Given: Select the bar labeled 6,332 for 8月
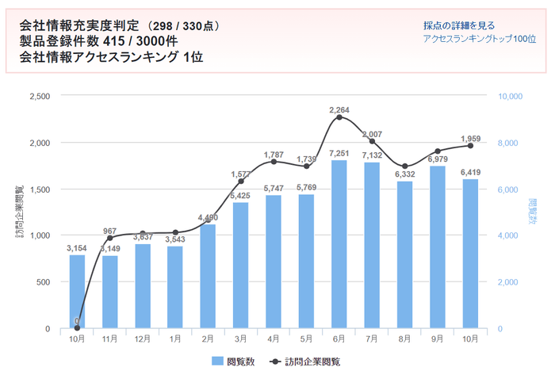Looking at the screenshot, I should pos(404,254).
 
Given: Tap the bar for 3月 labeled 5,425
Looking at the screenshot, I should pos(240,266).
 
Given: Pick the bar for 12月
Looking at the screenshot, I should pos(142,286).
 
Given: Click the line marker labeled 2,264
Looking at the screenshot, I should pos(339,117).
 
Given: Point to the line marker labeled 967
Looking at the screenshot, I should pos(109,238).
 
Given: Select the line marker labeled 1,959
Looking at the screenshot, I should pos(470,146).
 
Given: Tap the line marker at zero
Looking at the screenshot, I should pos(77,327).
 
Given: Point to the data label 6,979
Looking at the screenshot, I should pos(437,160).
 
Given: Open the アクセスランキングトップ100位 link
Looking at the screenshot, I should pos(479,39).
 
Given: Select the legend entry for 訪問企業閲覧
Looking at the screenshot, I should pos(305,361).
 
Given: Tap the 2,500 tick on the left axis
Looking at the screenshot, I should pos(39,96).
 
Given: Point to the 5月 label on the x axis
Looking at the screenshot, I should pos(306,338).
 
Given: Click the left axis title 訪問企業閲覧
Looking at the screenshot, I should pos(18,212).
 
